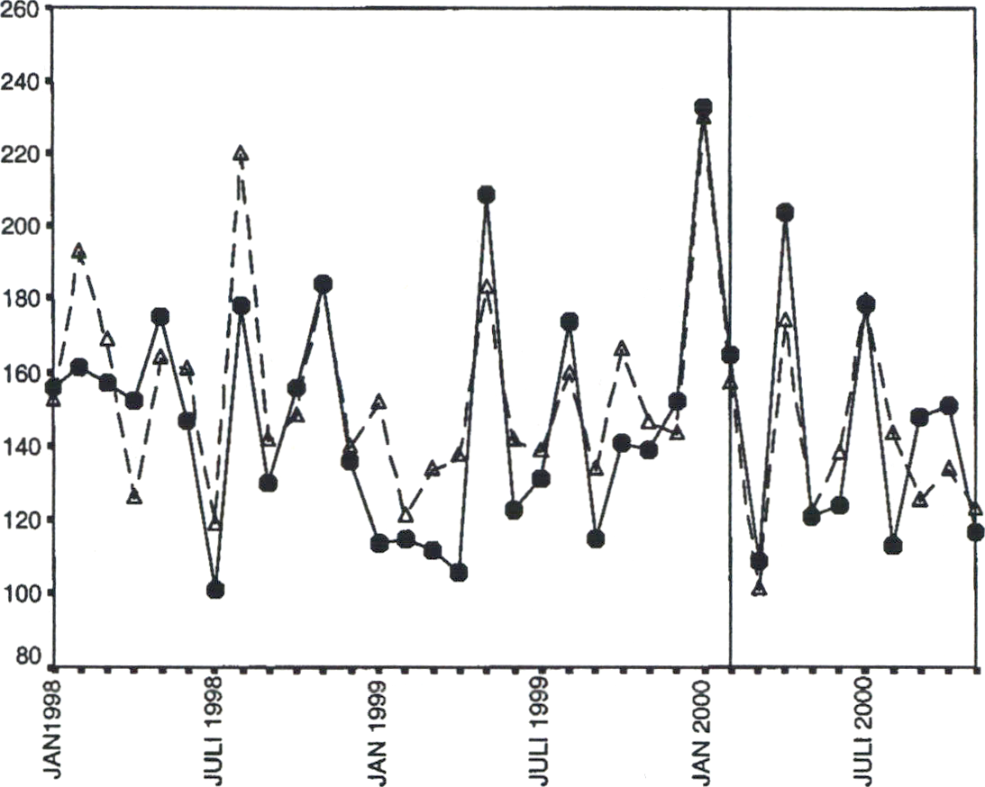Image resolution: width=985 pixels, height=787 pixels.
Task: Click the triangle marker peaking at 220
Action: (x=240, y=153)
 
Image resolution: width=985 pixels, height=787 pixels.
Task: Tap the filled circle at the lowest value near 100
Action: (x=214, y=590)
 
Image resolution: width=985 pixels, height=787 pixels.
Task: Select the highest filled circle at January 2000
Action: (x=704, y=108)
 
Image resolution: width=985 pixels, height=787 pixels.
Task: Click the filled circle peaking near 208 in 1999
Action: (x=486, y=194)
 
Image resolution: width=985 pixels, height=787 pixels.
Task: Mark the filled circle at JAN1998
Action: (x=53, y=387)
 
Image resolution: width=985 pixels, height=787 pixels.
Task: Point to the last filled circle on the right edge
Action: (x=975, y=532)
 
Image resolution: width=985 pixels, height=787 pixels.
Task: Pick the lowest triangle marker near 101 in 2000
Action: (x=759, y=588)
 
